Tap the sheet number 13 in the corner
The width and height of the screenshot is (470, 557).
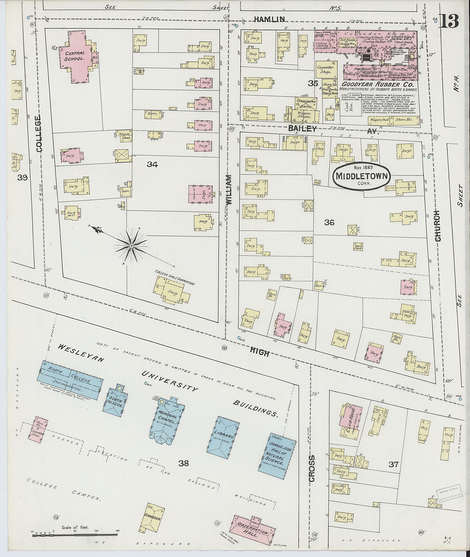(450, 21)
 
